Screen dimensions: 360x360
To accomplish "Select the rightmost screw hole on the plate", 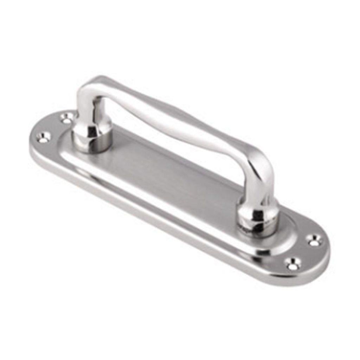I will [314, 240].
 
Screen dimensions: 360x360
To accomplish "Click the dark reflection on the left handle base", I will [92, 134].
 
